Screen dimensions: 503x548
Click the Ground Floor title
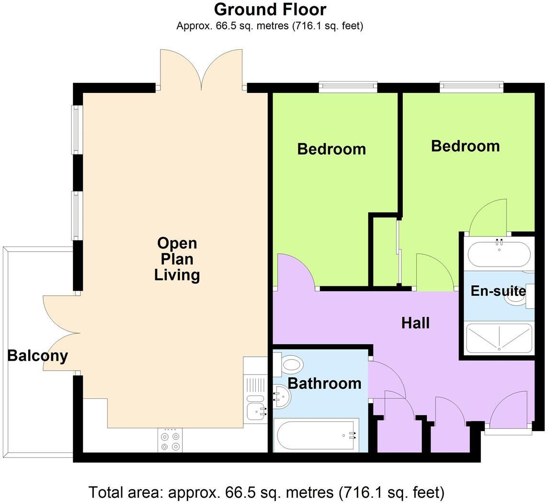[x=270, y=10]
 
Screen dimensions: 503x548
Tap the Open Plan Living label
[x=177, y=259]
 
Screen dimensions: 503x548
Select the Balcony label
[x=37, y=356]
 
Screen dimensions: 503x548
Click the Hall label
[x=415, y=323]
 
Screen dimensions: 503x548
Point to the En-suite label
[x=498, y=291]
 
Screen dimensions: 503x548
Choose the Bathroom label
[x=324, y=383]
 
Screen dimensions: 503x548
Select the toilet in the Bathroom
[x=290, y=364]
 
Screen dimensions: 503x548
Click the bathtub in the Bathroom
[x=316, y=435]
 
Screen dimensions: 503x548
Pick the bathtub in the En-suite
[x=499, y=254]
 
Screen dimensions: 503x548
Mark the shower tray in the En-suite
[x=499, y=338]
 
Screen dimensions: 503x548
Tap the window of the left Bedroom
[x=348, y=87]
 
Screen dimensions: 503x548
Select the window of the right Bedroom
[x=471, y=87]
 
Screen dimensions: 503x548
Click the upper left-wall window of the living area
[x=77, y=129]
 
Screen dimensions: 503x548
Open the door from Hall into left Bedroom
[x=296, y=272]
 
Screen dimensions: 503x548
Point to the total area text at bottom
[x=266, y=492]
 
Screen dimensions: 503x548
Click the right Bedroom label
[x=465, y=146]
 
